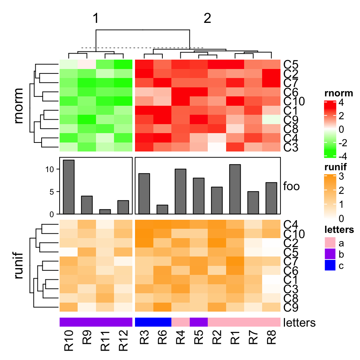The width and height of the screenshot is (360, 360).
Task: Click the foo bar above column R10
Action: tap(69, 187)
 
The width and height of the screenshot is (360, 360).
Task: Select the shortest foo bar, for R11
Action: tap(105, 211)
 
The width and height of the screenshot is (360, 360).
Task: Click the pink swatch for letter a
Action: tap(330, 244)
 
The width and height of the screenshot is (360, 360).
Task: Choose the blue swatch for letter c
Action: tap(330, 265)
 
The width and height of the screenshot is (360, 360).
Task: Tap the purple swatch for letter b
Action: tap(330, 255)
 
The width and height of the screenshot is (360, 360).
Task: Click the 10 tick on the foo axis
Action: tap(51, 169)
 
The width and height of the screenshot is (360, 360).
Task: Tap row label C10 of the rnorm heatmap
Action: tap(294, 101)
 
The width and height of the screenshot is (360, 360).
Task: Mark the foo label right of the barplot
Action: tap(291, 186)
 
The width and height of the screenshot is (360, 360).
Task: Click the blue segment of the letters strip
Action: tap(153, 322)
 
